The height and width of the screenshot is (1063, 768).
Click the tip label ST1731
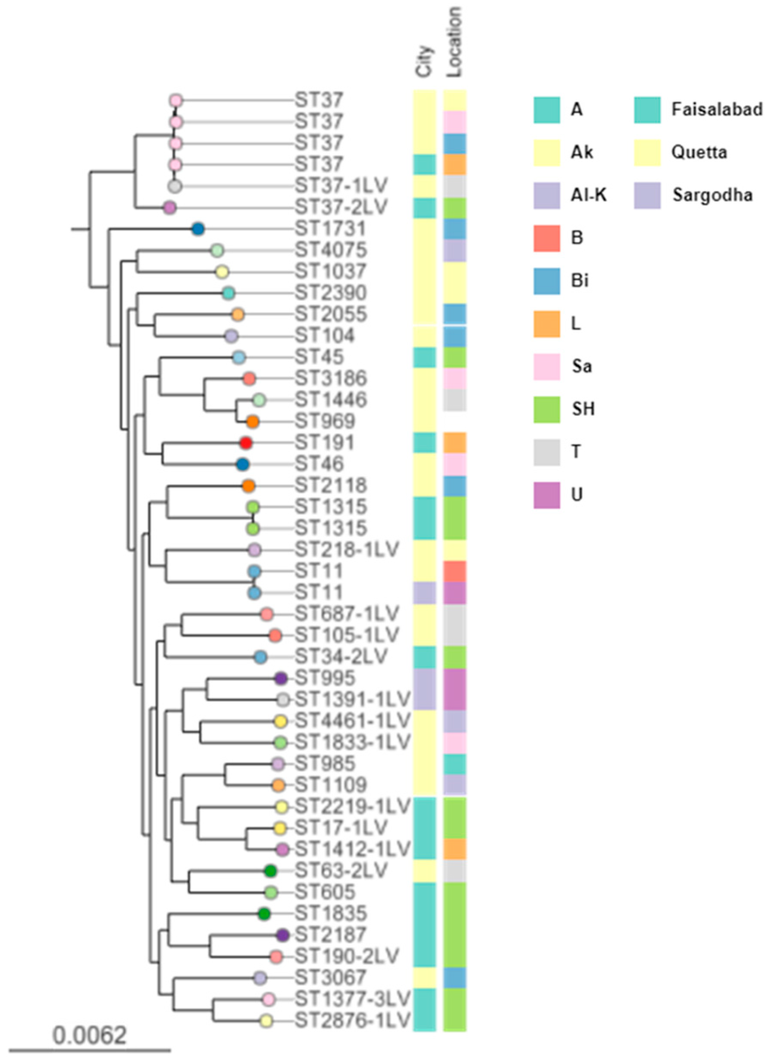pyautogui.click(x=330, y=229)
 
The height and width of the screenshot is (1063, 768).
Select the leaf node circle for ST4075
pyautogui.click(x=217, y=251)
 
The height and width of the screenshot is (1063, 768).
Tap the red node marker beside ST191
pyautogui.click(x=246, y=443)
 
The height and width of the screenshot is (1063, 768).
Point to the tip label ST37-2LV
pyautogui.click(x=341, y=207)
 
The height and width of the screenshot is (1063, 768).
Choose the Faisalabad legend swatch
pyautogui.click(x=648, y=110)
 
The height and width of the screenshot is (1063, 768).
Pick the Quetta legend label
pyautogui.click(x=699, y=152)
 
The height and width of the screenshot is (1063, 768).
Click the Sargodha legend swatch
pyautogui.click(x=648, y=195)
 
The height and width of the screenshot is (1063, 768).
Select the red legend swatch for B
pyautogui.click(x=547, y=238)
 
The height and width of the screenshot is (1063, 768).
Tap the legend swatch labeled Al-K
pyautogui.click(x=547, y=195)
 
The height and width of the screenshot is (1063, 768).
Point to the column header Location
pyautogui.click(x=454, y=42)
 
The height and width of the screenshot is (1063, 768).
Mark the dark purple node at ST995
pyautogui.click(x=281, y=678)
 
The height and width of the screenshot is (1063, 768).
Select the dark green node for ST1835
pyautogui.click(x=265, y=913)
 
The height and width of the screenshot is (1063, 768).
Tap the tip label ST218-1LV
pyautogui.click(x=347, y=549)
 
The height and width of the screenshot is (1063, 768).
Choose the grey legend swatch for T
pyautogui.click(x=547, y=452)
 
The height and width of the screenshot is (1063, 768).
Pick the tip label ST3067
pyautogui.click(x=330, y=977)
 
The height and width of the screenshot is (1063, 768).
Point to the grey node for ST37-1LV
pyautogui.click(x=175, y=186)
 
